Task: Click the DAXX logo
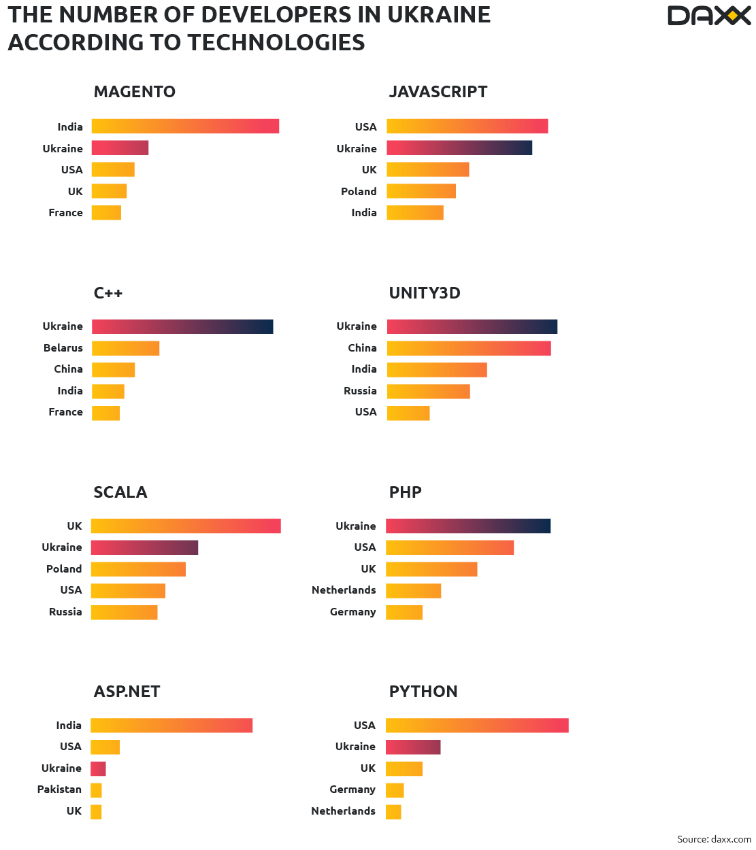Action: pyautogui.click(x=708, y=16)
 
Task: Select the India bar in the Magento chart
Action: pyautogui.click(x=185, y=126)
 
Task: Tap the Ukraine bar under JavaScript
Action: pyautogui.click(x=459, y=148)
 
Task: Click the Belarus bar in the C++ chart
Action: pyautogui.click(x=126, y=348)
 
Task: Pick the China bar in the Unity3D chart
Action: pyautogui.click(x=469, y=348)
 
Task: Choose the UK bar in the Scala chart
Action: pyautogui.click(x=186, y=526)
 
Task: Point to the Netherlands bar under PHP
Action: pyautogui.click(x=414, y=590)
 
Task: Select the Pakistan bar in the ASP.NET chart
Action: pyautogui.click(x=97, y=790)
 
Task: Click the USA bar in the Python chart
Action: pyautogui.click(x=477, y=726)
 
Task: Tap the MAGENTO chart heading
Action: pyautogui.click(x=135, y=92)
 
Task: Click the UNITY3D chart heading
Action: pyautogui.click(x=425, y=293)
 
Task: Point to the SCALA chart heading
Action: pyautogui.click(x=120, y=492)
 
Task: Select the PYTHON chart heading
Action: pyautogui.click(x=423, y=692)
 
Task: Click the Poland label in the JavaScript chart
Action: pyautogui.click(x=359, y=192)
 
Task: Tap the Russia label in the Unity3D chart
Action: pyautogui.click(x=360, y=391)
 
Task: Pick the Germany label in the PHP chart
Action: pyautogui.click(x=352, y=612)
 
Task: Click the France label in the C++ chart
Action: pyautogui.click(x=65, y=412)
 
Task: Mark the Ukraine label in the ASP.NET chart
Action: pyautogui.click(x=61, y=768)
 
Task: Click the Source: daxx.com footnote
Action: pyautogui.click(x=714, y=839)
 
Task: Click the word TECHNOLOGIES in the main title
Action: pyautogui.click(x=276, y=43)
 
